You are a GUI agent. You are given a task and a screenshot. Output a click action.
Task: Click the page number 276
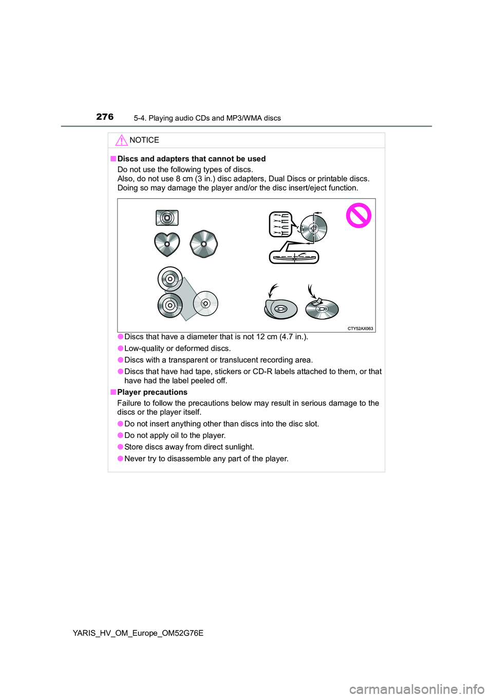(x=105, y=117)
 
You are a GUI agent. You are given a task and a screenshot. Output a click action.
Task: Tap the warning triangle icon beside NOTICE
(x=121, y=140)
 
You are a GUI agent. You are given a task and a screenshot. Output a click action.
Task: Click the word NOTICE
(x=144, y=140)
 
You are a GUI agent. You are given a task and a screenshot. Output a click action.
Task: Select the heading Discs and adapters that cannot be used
(x=192, y=159)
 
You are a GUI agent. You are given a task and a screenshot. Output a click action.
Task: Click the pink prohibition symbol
(x=358, y=215)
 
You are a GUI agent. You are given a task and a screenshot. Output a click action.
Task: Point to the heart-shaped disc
(x=167, y=244)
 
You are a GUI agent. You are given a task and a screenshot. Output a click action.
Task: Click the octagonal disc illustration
(x=204, y=244)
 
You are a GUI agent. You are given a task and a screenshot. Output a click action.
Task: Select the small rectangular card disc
(x=167, y=218)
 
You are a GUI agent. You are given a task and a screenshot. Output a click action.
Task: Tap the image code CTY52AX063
(x=360, y=328)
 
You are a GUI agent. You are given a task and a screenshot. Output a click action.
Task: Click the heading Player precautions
(x=152, y=392)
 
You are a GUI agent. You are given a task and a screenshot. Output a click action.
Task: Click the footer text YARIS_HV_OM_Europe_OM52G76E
(x=138, y=633)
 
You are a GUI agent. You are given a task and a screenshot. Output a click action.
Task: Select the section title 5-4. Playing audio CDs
(x=207, y=118)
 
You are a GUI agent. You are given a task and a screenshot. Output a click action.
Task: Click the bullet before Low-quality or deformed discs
(x=120, y=348)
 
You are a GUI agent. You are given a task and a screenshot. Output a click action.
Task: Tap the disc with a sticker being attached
(x=321, y=308)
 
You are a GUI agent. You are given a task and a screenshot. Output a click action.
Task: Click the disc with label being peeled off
(x=280, y=308)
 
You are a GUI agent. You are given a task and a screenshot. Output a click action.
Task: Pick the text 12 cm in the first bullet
(x=267, y=337)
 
